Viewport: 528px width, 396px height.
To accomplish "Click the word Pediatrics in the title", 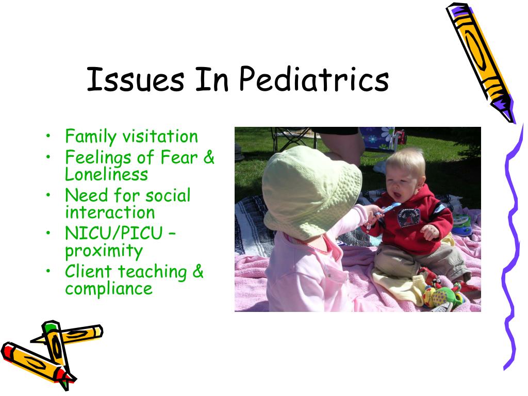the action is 314,79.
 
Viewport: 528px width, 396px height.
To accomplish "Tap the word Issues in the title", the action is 136,79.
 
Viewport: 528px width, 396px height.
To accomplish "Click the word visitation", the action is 160,136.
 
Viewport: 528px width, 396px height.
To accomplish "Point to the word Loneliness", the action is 106,174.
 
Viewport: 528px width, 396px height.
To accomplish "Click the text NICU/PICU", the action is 114,233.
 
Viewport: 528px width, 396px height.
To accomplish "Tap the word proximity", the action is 104,251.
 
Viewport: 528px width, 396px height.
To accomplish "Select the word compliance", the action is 109,289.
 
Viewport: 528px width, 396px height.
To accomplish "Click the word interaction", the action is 110,212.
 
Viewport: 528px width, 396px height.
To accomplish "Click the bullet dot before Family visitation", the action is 49,136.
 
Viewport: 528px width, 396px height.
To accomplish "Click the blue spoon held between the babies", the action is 387,209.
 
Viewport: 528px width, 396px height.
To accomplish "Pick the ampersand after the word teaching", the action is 198,271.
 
